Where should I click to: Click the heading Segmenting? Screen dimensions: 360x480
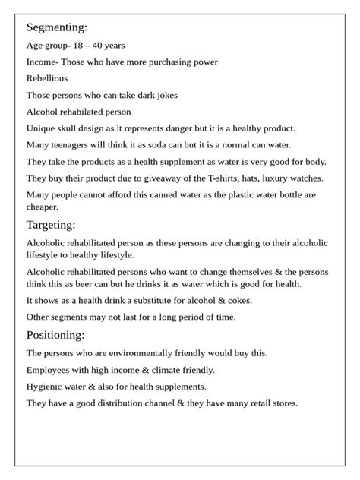pos(57,27)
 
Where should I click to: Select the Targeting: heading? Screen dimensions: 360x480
pos(51,225)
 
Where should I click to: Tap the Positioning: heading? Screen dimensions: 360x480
pos(55,335)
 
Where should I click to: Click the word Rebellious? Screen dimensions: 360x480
pos(47,78)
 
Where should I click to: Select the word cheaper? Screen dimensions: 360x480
pos(43,206)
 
